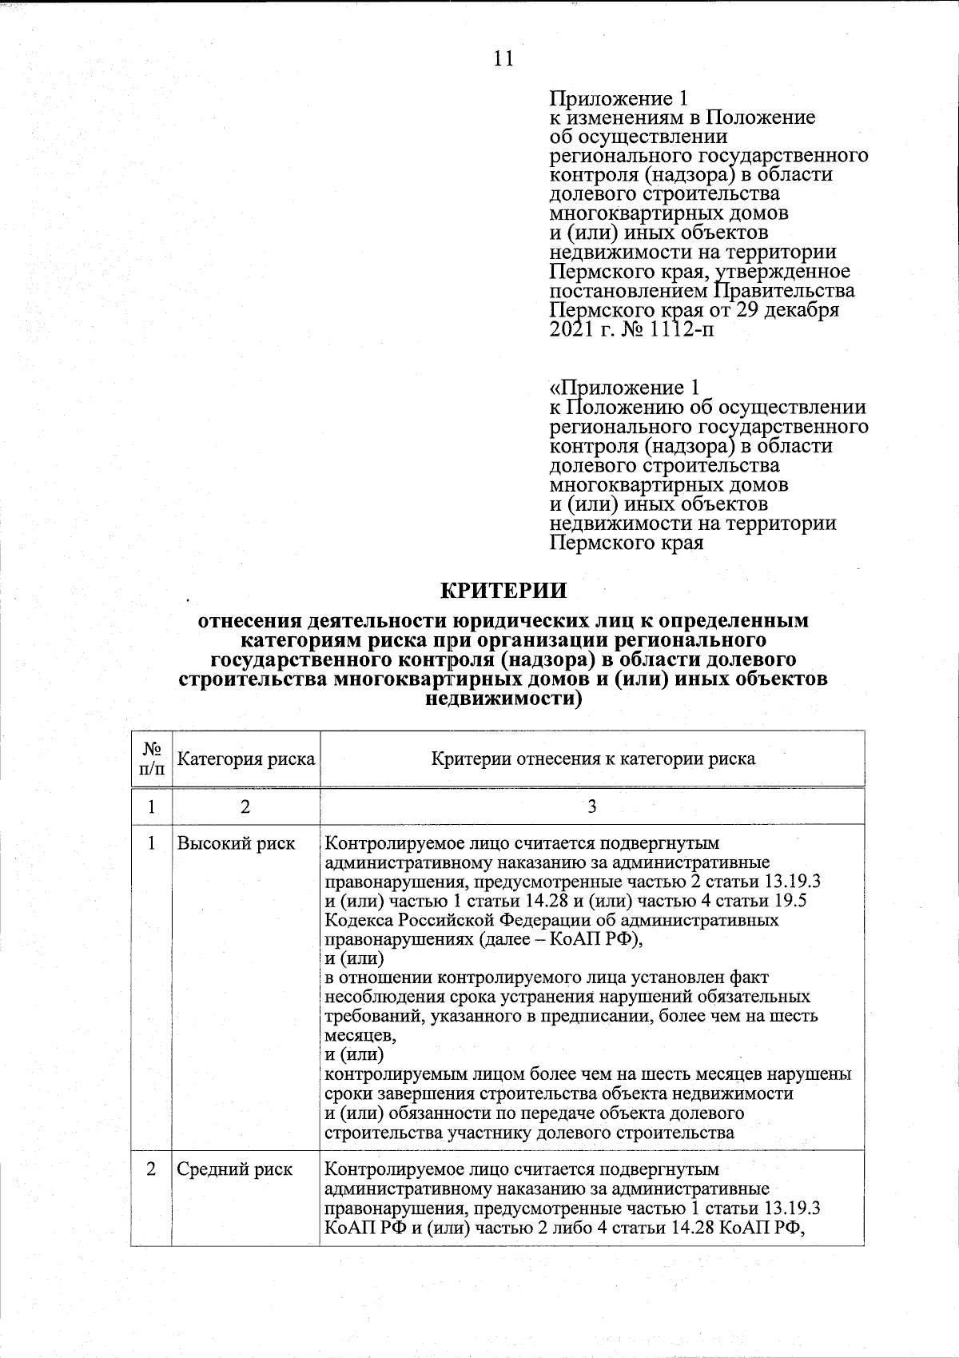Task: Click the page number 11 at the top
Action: [503, 59]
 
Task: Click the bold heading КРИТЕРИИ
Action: [504, 591]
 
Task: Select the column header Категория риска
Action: [245, 759]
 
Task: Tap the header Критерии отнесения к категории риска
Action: [593, 759]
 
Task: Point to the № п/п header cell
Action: [152, 759]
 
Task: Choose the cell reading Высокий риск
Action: [236, 844]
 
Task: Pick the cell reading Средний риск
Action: [234, 1169]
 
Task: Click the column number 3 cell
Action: [592, 806]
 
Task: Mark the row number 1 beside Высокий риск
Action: [152, 844]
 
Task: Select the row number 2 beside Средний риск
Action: [152, 1169]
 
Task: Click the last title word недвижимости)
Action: [504, 699]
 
